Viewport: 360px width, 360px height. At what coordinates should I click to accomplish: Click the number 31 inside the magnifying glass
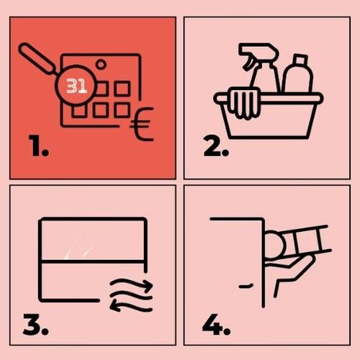click(x=76, y=86)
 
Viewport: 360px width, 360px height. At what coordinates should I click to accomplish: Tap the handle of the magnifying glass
click(x=38, y=58)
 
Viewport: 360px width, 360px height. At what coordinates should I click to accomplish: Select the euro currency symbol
click(x=142, y=124)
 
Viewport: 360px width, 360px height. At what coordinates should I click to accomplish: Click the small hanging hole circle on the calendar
click(x=101, y=64)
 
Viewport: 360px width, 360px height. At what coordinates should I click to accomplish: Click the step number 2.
click(x=216, y=145)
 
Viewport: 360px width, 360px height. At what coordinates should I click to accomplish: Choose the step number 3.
click(x=36, y=325)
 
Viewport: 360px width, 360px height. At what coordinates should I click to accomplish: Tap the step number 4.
click(x=217, y=325)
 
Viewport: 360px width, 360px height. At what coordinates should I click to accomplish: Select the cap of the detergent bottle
click(x=300, y=60)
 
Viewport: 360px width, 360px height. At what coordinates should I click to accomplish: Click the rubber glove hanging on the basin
click(x=243, y=104)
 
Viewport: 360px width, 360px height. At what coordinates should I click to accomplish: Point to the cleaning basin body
click(x=269, y=115)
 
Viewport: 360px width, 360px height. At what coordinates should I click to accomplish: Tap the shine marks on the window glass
click(x=81, y=247)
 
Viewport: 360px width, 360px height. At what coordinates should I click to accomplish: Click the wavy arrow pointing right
click(x=132, y=285)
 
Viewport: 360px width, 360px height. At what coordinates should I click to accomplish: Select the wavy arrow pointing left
click(x=131, y=305)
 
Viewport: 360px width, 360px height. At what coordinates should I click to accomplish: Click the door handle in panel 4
click(x=246, y=286)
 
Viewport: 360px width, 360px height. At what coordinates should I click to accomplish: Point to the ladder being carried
click(x=305, y=240)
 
